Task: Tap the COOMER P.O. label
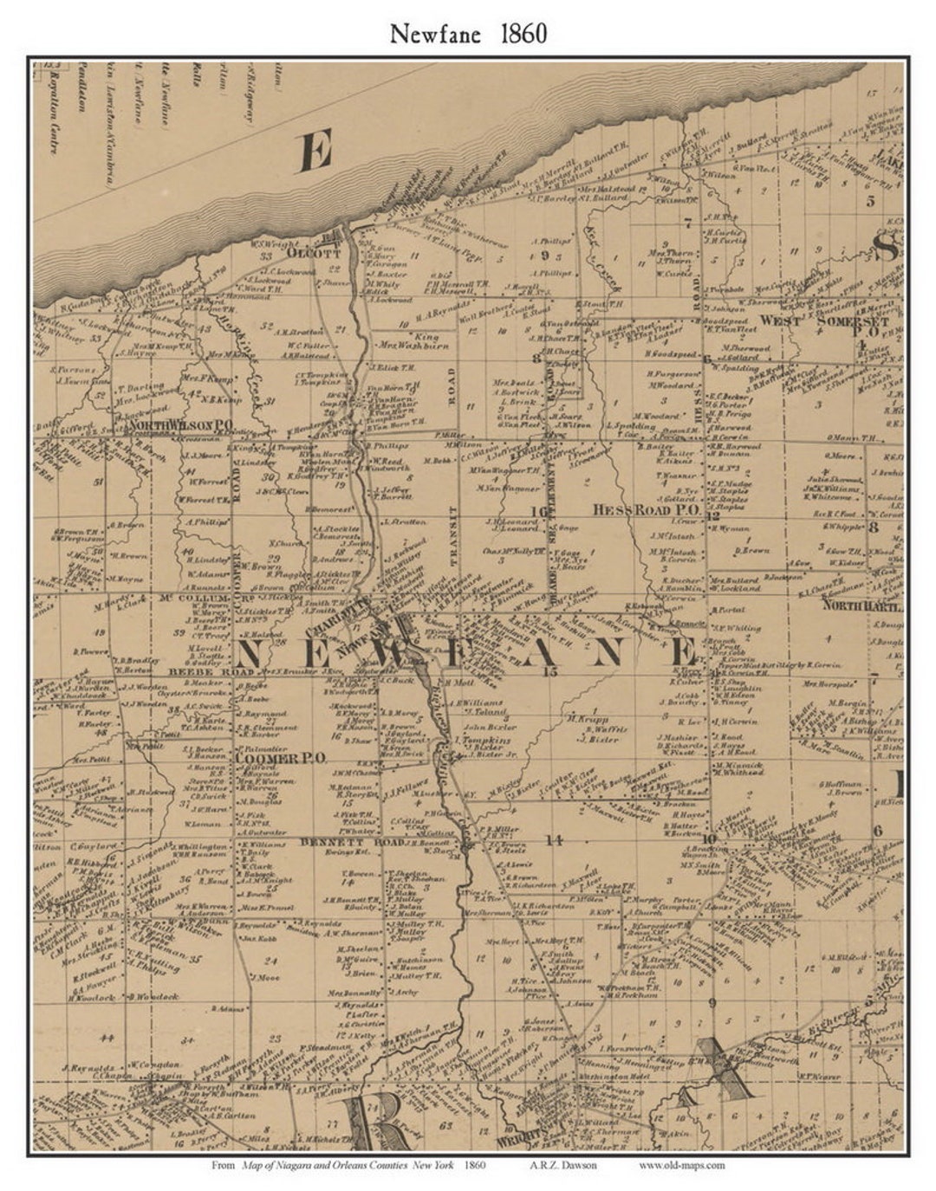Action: coord(280,757)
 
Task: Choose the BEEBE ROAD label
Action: coord(201,672)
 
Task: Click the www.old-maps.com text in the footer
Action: coord(682,1165)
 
